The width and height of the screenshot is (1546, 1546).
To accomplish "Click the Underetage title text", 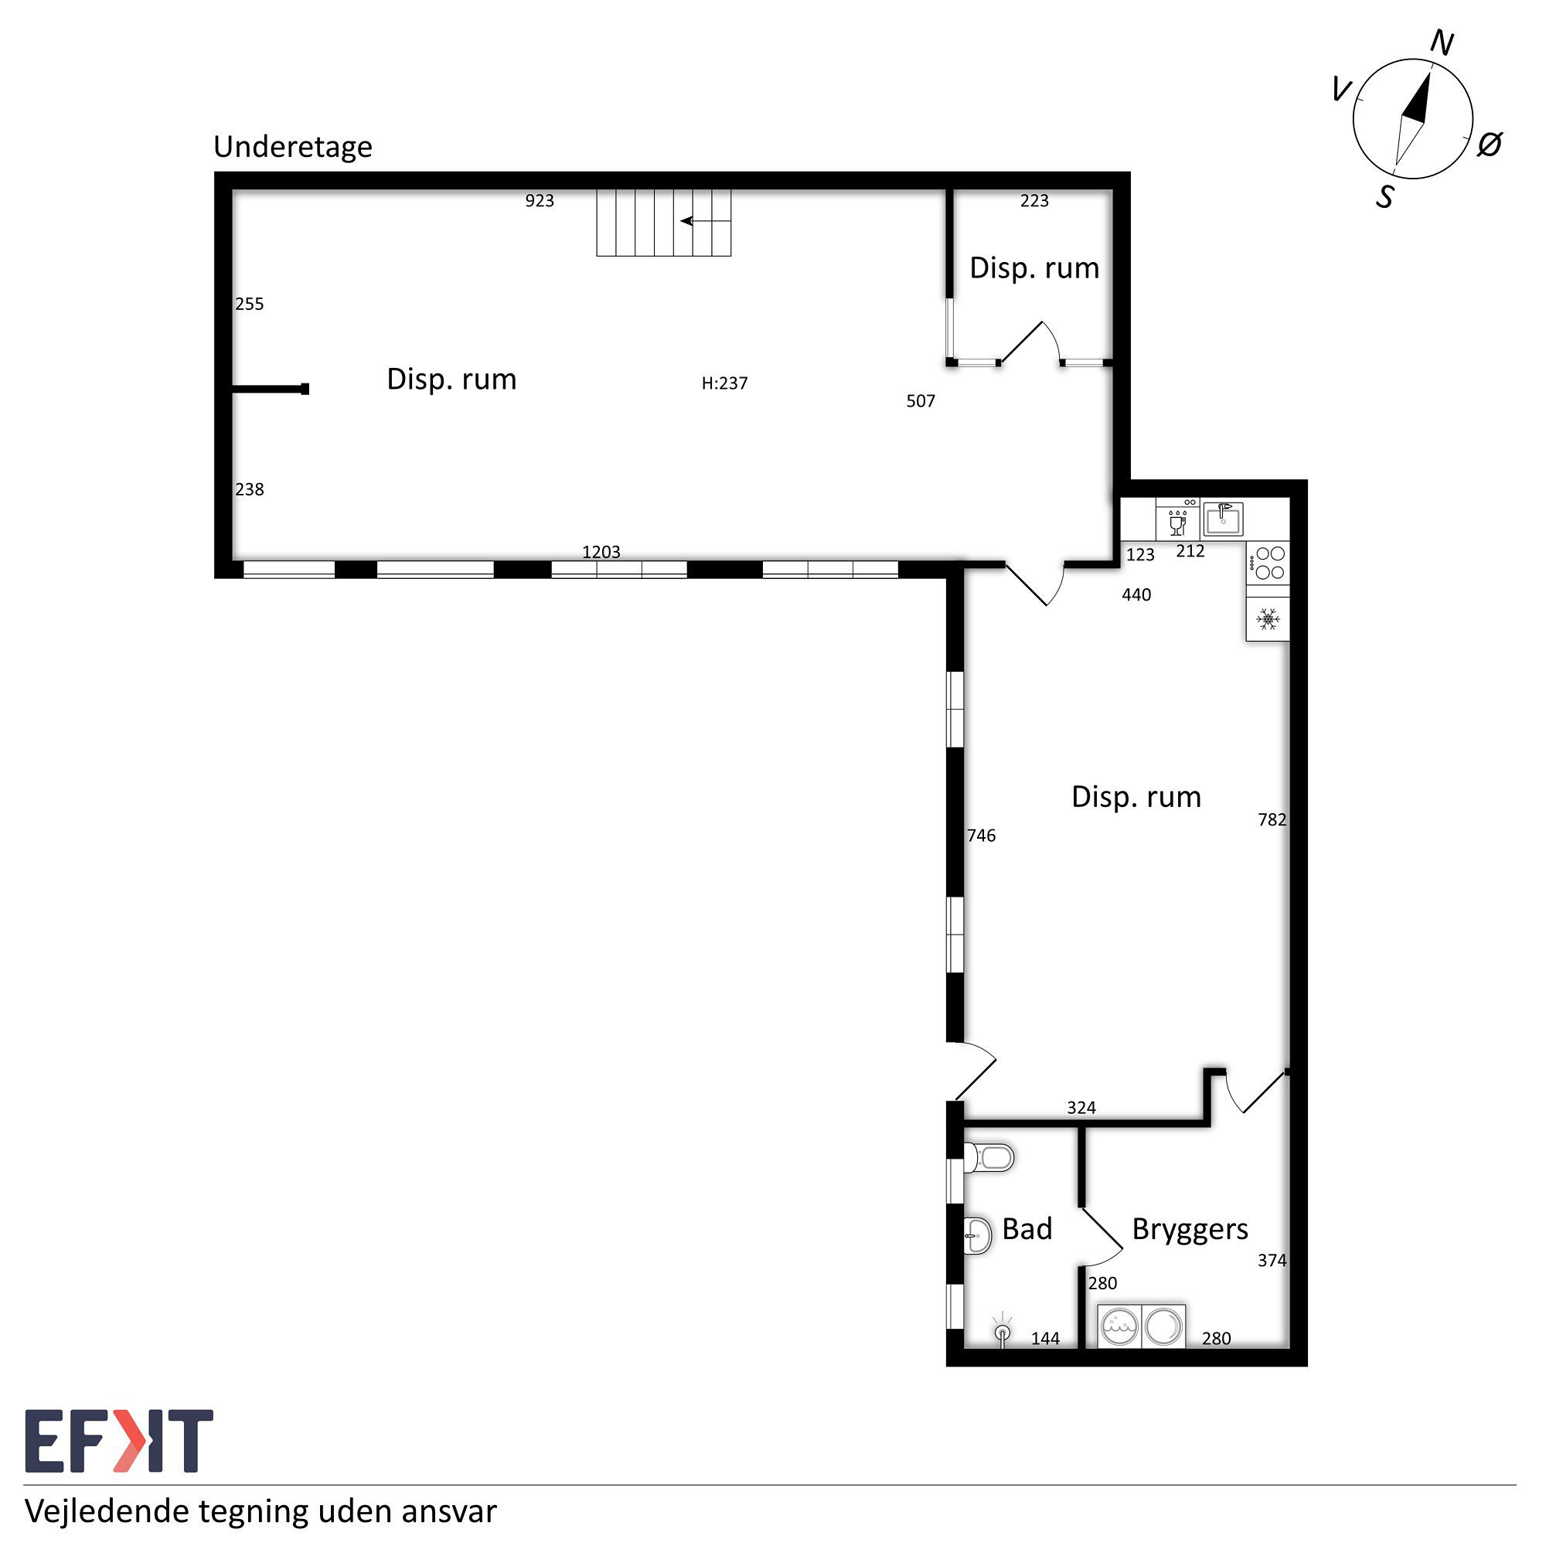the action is (293, 147).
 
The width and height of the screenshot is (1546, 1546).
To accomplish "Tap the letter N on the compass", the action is (1441, 43).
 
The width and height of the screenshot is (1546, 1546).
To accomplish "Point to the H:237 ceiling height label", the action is (725, 383).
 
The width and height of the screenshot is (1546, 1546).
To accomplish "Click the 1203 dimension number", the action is (601, 552).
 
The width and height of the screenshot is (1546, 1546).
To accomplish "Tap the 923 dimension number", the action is (540, 201).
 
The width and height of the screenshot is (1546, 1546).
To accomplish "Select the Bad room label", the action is (1027, 1229).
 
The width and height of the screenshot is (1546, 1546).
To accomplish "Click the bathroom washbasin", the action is (978, 1235).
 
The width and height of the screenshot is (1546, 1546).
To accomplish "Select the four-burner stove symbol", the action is (1268, 563).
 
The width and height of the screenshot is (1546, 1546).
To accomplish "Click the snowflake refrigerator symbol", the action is (1268, 618).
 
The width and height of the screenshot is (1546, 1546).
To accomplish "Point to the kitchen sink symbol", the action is (1223, 519).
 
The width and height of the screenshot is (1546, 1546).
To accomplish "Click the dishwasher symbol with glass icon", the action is (1177, 520).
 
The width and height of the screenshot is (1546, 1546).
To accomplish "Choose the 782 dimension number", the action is (1272, 820).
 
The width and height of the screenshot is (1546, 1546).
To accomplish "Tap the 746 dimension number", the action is (981, 836).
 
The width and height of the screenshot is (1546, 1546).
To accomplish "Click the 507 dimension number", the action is (920, 402).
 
